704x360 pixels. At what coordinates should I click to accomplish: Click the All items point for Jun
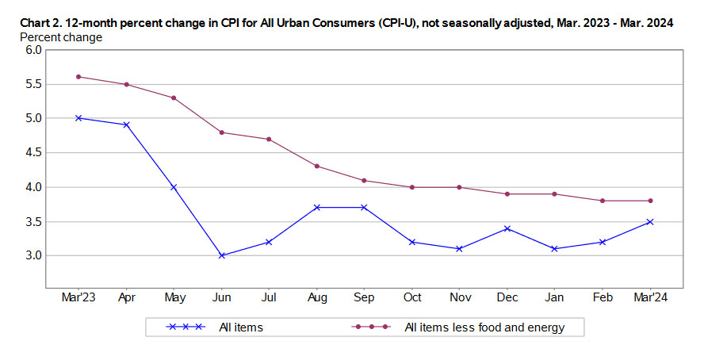point(221,255)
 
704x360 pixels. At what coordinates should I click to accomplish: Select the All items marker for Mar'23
point(78,118)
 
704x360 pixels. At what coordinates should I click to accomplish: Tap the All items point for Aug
point(316,207)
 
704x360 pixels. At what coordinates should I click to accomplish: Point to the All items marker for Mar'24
point(649,221)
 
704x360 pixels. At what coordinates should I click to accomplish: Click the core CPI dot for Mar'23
point(78,77)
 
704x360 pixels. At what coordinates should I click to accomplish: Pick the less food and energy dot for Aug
point(316,166)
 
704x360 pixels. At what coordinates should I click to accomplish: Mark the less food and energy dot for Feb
point(602,201)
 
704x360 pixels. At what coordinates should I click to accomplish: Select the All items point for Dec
point(507,228)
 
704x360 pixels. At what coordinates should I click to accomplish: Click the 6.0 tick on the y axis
point(33,50)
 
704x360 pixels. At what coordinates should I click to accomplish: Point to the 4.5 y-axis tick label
point(33,153)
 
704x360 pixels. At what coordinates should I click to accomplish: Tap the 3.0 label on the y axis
point(33,256)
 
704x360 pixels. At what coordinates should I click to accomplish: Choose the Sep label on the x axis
point(364,297)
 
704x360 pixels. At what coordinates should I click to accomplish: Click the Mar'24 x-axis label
point(649,297)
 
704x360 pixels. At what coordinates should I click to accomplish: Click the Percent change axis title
point(61,37)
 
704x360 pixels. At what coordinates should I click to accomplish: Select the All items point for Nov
point(459,249)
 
